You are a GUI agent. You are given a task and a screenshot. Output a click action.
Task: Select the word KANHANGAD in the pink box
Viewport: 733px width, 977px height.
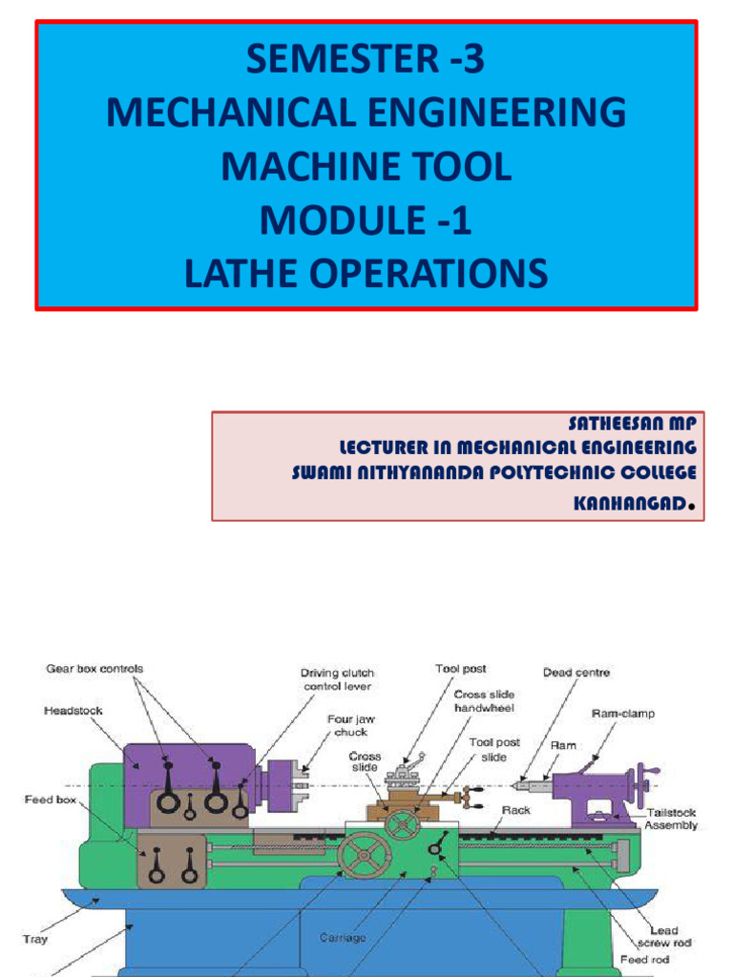click(x=629, y=503)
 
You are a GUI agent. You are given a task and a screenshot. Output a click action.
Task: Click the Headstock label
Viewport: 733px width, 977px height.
click(x=73, y=711)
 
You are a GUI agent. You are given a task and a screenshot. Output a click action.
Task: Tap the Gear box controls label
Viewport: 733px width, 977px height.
click(x=94, y=669)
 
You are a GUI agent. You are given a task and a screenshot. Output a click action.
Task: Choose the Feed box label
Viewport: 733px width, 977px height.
click(x=50, y=800)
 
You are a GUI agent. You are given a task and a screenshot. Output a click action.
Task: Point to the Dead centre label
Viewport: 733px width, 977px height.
click(x=576, y=673)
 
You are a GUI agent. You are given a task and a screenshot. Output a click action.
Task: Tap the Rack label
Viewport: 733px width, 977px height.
click(x=515, y=810)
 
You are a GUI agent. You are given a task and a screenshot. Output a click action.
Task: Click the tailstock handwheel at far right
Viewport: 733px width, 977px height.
click(x=651, y=781)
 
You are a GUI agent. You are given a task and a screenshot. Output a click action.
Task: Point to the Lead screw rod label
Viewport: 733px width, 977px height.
click(x=663, y=937)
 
